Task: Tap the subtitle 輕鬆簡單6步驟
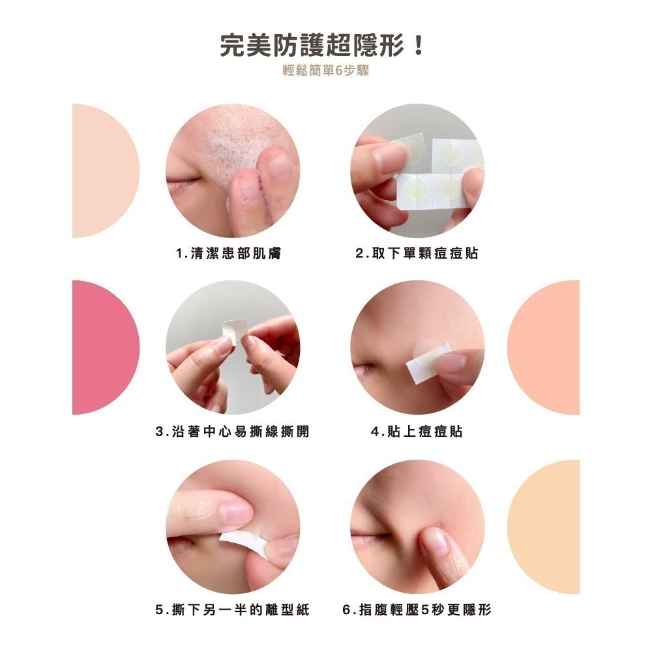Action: coord(325,71)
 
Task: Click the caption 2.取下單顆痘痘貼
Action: coord(417,254)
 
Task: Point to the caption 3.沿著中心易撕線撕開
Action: coord(232,432)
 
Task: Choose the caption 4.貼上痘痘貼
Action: coord(417,432)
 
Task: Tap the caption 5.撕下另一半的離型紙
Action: coord(232,610)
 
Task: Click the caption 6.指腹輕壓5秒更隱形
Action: coord(417,610)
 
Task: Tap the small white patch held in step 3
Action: coord(235,331)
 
